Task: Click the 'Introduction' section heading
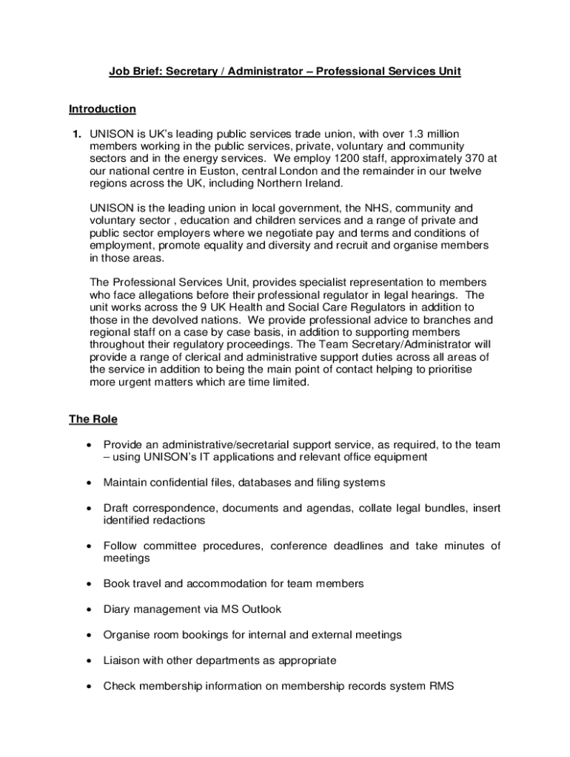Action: (x=102, y=109)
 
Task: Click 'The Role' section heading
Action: (x=93, y=419)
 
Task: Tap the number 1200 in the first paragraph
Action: (x=346, y=158)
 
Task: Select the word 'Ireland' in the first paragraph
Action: (x=322, y=183)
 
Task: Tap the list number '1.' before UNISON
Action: (x=76, y=134)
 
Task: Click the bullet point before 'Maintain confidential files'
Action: (x=89, y=483)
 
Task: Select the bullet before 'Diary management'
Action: (x=89, y=610)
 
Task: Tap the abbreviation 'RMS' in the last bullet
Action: (x=441, y=685)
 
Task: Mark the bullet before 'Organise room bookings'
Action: (x=89, y=635)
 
